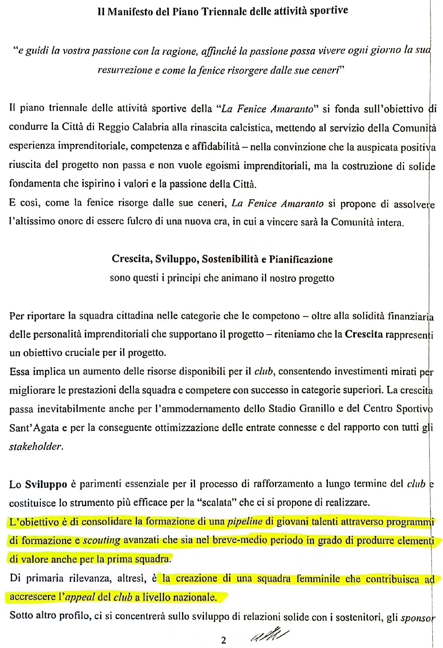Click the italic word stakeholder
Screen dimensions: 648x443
coord(36,447)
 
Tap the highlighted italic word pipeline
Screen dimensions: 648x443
coord(245,522)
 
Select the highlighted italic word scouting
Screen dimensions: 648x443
coord(101,541)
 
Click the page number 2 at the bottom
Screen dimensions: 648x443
coord(223,640)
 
